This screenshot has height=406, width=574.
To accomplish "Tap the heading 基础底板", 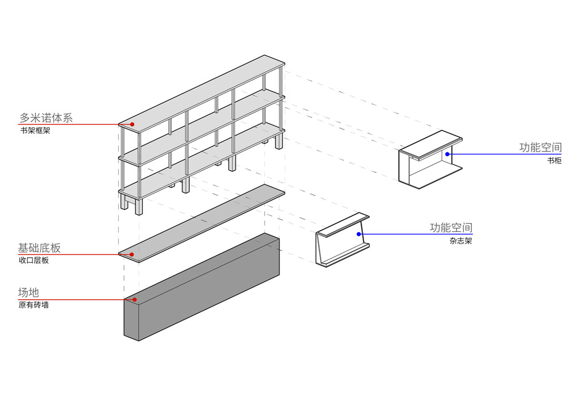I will (x=39, y=248).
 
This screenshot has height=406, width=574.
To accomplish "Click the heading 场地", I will (x=28, y=292).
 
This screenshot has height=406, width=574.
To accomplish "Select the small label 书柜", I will (x=554, y=161).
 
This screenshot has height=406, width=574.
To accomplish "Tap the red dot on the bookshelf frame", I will (x=132, y=124).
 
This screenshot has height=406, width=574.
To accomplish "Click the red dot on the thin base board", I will (x=132, y=254).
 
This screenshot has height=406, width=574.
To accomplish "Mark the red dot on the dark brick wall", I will (x=134, y=299).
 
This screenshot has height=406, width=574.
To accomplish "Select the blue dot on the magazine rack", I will (x=360, y=234).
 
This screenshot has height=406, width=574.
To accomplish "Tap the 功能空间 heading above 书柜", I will (x=540, y=148).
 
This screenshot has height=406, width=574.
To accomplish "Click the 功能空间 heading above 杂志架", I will (x=451, y=228).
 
